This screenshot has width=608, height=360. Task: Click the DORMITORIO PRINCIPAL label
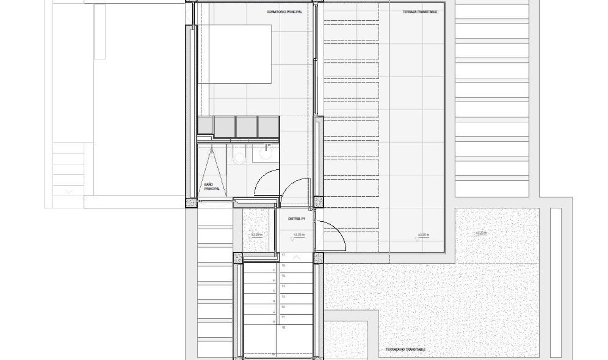(284, 12)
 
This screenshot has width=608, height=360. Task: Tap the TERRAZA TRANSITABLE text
(420, 12)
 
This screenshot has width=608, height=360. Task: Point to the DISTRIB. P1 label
(297, 218)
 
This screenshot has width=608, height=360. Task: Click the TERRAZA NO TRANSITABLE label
(405, 350)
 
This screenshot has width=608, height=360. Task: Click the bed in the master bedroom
(235, 54)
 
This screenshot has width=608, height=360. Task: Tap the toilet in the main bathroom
(239, 156)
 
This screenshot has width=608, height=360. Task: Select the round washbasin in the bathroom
(266, 154)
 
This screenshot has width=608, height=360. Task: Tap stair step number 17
(283, 255)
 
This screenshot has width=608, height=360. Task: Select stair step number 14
(283, 286)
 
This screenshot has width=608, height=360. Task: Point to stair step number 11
(283, 317)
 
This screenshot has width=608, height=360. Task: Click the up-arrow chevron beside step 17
(297, 257)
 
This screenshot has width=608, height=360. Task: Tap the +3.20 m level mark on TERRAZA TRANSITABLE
(423, 236)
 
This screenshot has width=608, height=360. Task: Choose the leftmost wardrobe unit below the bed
(206, 126)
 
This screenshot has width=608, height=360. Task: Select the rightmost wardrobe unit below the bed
(268, 126)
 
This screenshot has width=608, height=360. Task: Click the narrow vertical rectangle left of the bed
(99, 31)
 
